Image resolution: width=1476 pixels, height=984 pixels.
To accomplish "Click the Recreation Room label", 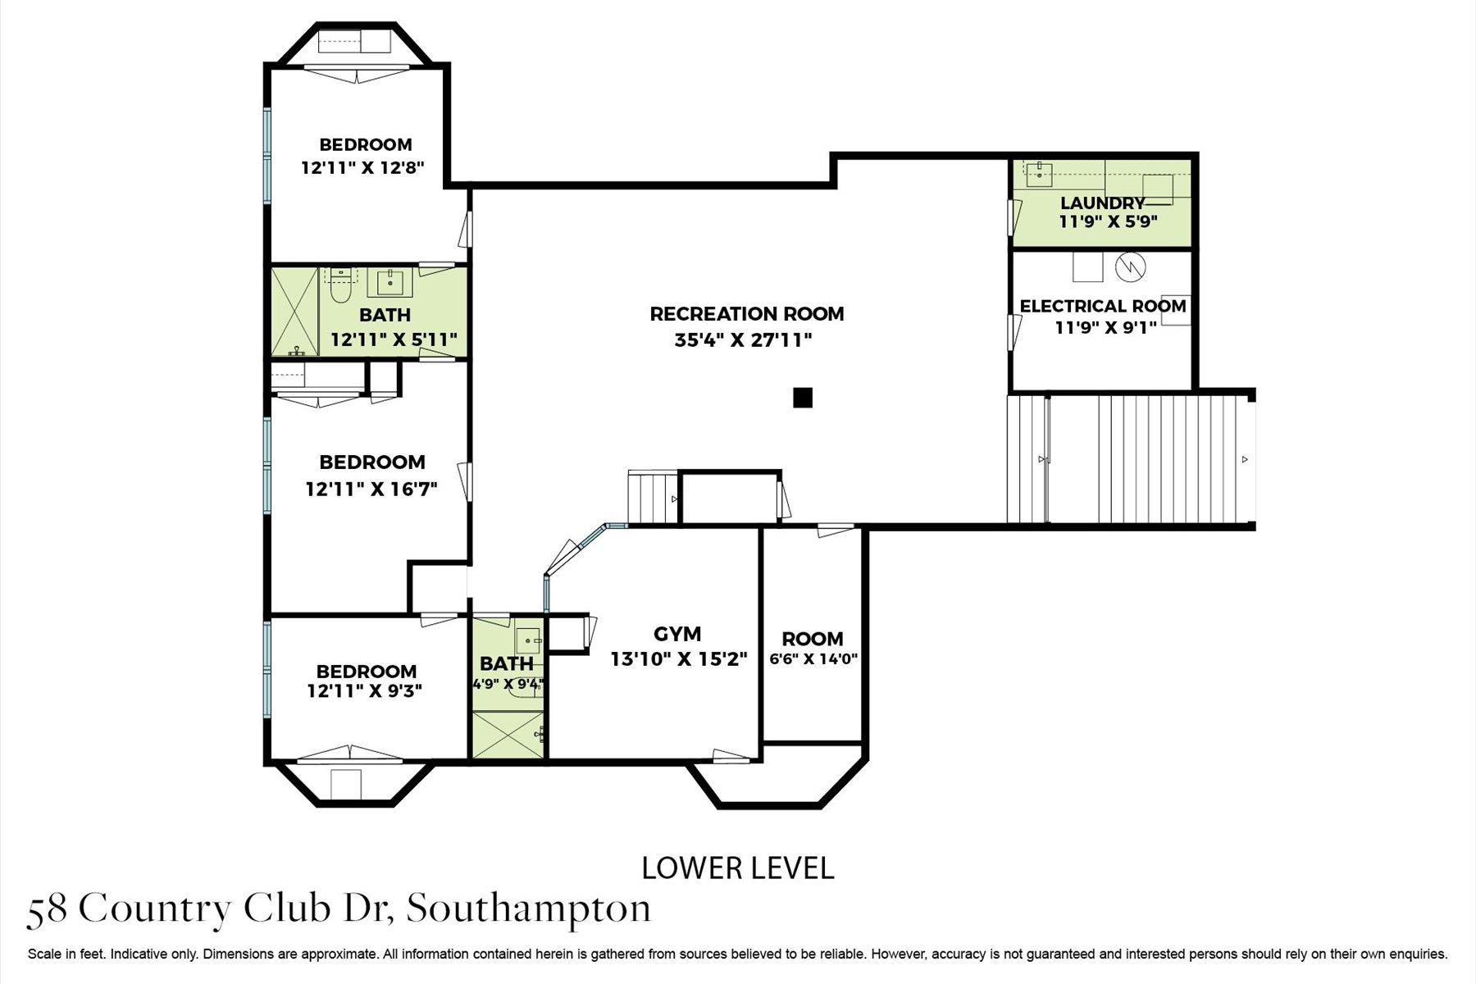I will click(746, 313).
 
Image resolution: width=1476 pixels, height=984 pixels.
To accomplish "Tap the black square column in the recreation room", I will click(803, 398).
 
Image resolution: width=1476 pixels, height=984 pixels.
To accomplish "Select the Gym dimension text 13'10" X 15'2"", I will click(679, 659).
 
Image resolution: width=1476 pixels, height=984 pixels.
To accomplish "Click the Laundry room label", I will click(1101, 203).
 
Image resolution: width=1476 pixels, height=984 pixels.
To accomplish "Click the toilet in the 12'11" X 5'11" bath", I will click(339, 288).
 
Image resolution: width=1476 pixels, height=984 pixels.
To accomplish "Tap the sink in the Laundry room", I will click(1040, 172).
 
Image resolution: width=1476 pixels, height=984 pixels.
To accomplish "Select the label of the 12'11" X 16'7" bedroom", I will click(371, 462).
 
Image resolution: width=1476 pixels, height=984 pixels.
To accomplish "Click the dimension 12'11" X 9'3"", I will click(364, 690).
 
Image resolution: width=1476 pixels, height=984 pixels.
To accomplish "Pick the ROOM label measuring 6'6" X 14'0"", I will click(812, 638).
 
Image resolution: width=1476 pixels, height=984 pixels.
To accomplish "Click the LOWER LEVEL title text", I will click(737, 868).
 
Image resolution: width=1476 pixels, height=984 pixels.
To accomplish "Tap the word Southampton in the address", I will click(529, 909).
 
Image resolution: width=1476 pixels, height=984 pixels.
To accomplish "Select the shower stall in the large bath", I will click(294, 311).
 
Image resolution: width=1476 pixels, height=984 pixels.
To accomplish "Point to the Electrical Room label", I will click(1102, 306).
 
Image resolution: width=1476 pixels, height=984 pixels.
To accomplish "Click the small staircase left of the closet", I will click(653, 497).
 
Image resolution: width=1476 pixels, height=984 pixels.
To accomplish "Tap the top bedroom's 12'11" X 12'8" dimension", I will click(362, 168).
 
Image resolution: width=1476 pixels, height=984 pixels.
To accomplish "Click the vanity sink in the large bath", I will click(389, 282).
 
